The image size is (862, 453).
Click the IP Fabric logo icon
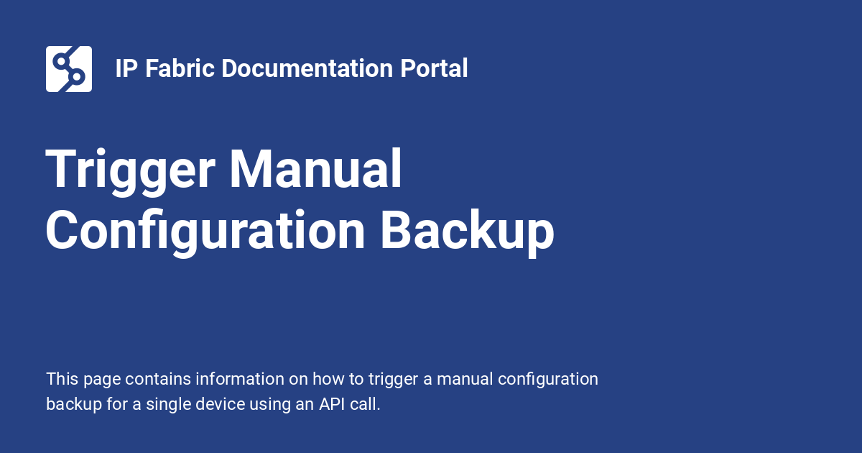click(69, 69)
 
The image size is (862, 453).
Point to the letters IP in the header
click(126, 69)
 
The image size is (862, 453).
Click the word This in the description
click(61, 379)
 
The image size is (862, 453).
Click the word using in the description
click(268, 404)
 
